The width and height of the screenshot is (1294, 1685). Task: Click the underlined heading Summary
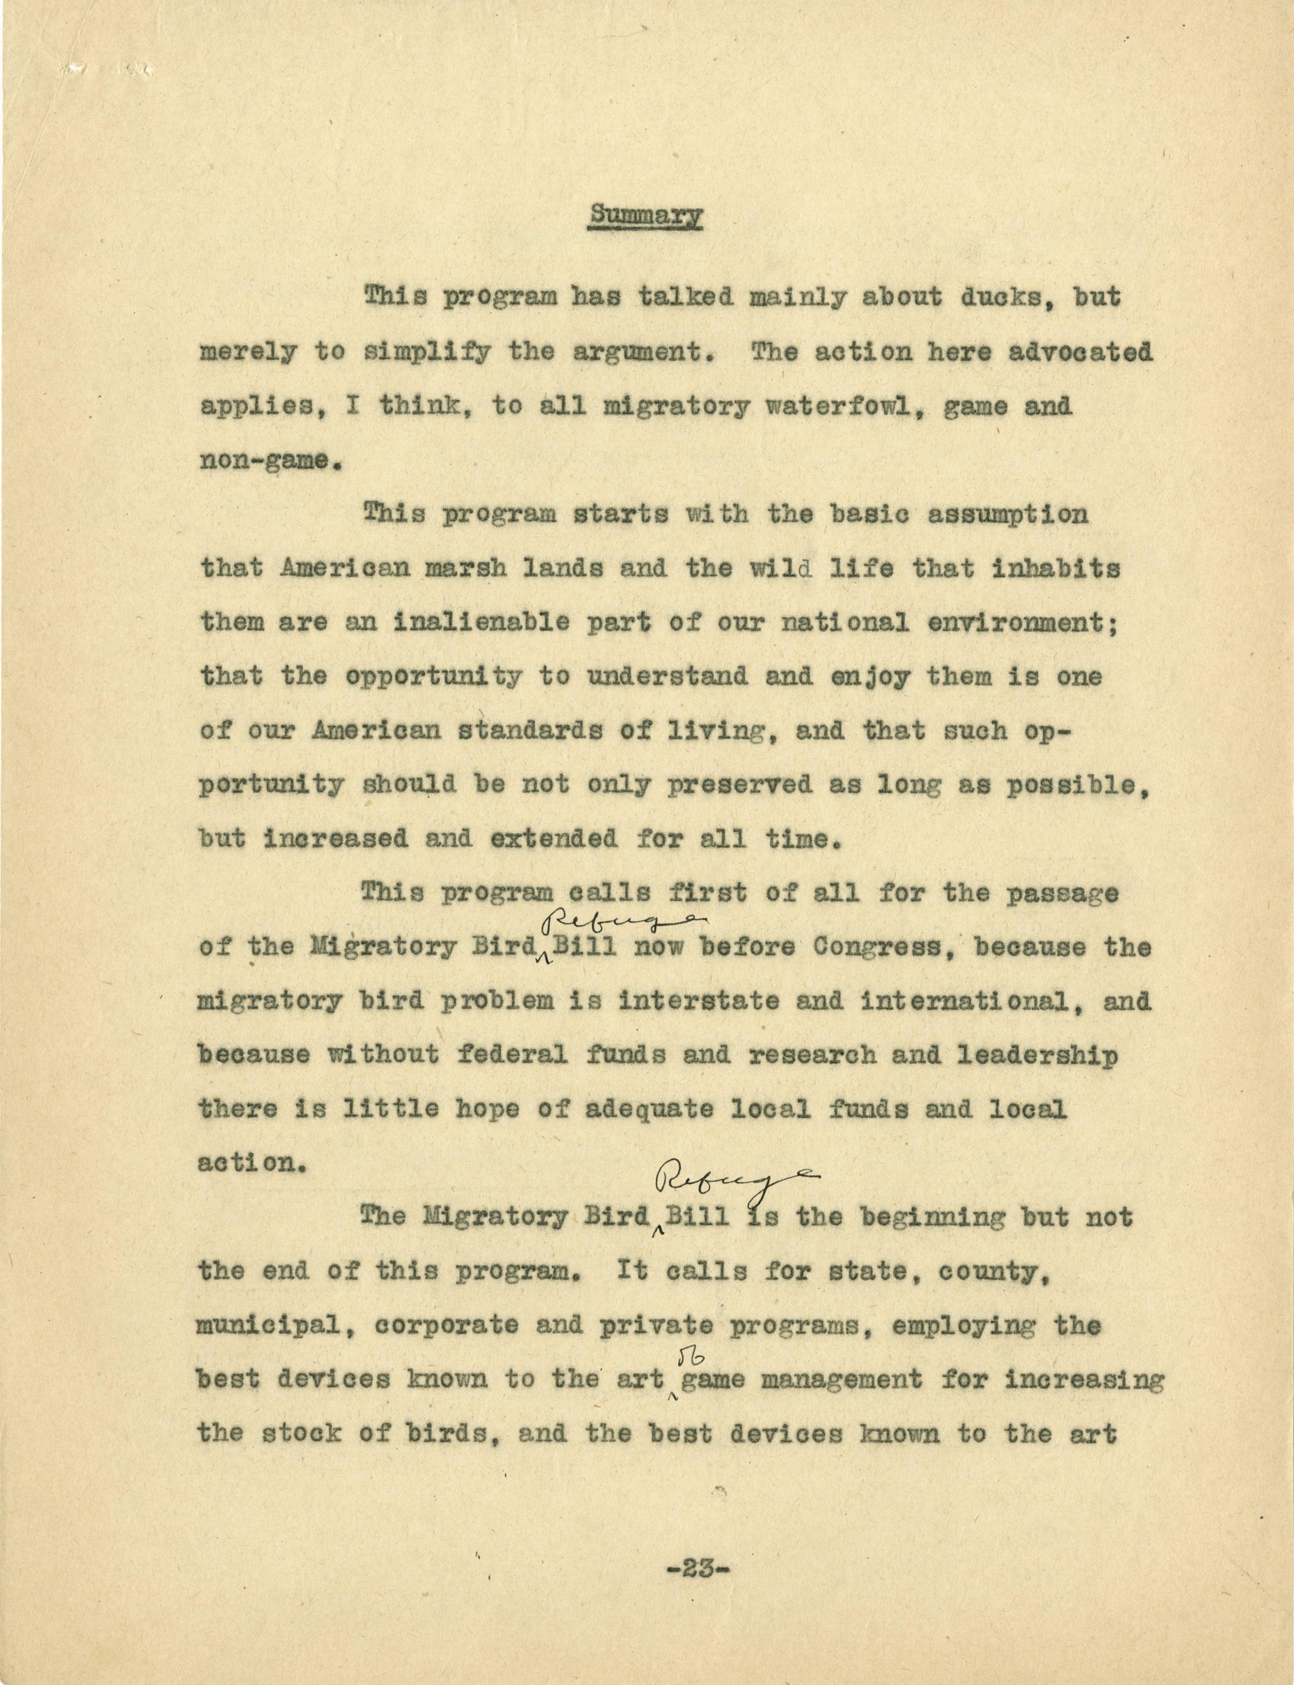click(646, 216)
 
